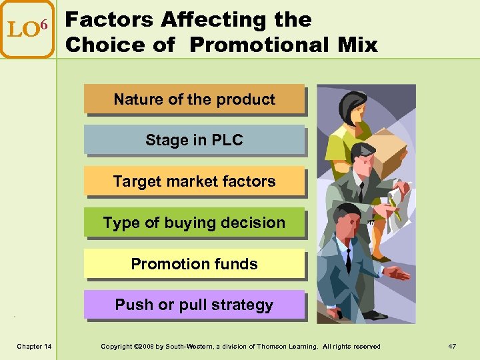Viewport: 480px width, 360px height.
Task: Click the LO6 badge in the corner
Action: pyautogui.click(x=27, y=29)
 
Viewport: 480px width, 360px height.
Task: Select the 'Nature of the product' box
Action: pyautogui.click(x=194, y=99)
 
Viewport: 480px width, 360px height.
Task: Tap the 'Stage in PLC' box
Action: pyautogui.click(x=194, y=141)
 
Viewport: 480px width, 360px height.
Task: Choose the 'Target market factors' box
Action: pyautogui.click(x=194, y=181)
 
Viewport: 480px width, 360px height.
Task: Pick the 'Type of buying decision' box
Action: pyautogui.click(x=194, y=223)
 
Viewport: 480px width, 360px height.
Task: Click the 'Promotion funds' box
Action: pyautogui.click(x=194, y=264)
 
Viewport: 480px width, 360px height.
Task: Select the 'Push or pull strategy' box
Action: pyautogui.click(x=194, y=305)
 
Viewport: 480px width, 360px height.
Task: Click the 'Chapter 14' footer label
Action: pyautogui.click(x=34, y=346)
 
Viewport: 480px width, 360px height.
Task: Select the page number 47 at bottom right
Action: pyautogui.click(x=452, y=346)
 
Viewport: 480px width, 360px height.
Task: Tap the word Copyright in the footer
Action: pyautogui.click(x=116, y=346)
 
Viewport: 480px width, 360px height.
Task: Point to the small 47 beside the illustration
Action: pyautogui.click(x=371, y=222)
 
